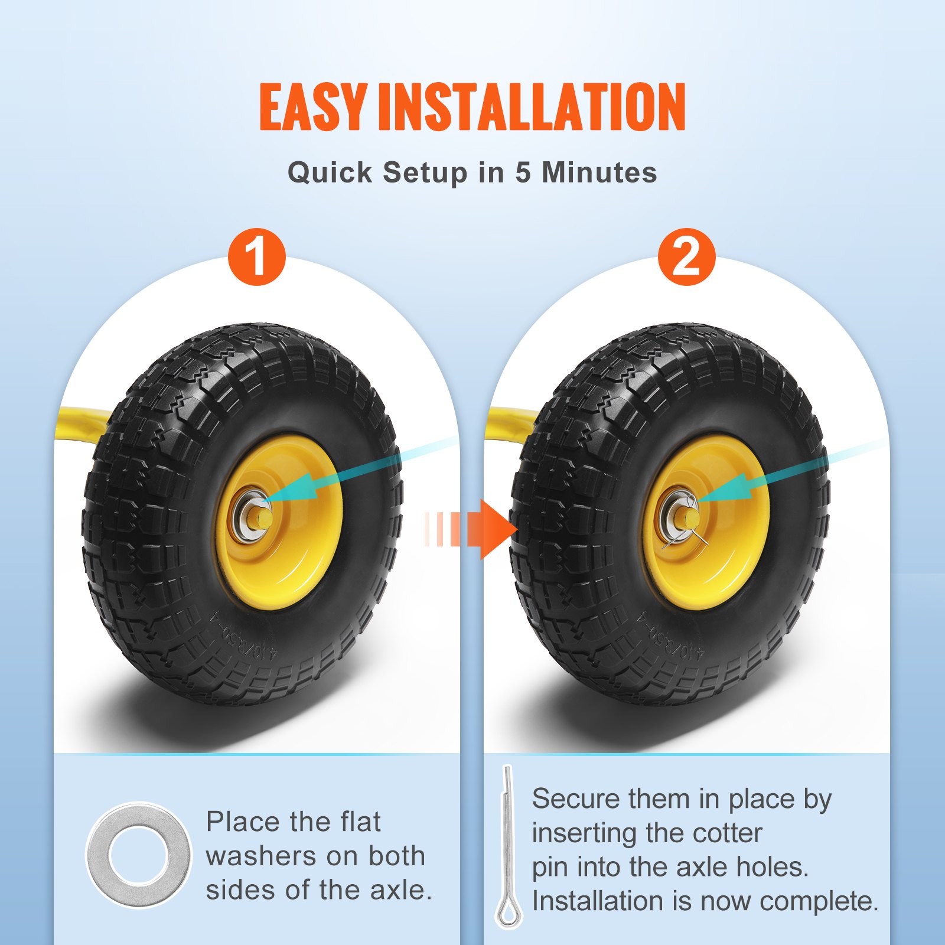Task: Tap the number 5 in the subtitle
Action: (523, 172)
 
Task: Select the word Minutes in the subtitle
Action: (599, 172)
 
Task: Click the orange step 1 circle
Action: (257, 257)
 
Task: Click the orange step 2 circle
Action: (686, 257)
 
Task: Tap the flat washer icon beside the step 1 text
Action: (139, 855)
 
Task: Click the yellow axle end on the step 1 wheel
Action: (264, 519)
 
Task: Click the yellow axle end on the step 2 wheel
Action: (691, 519)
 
